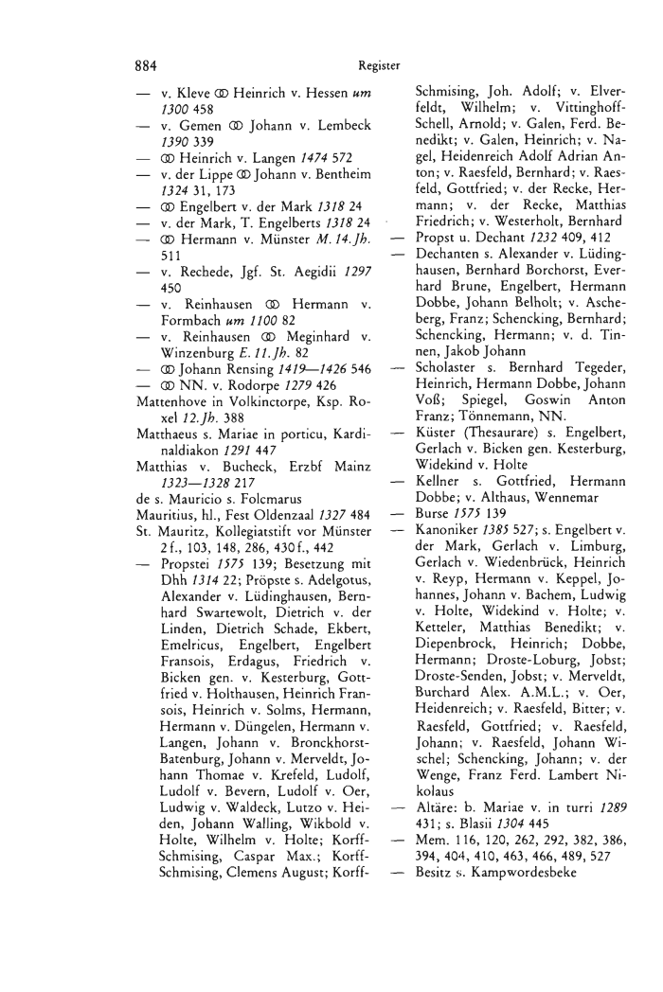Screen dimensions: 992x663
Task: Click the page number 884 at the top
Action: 144,65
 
